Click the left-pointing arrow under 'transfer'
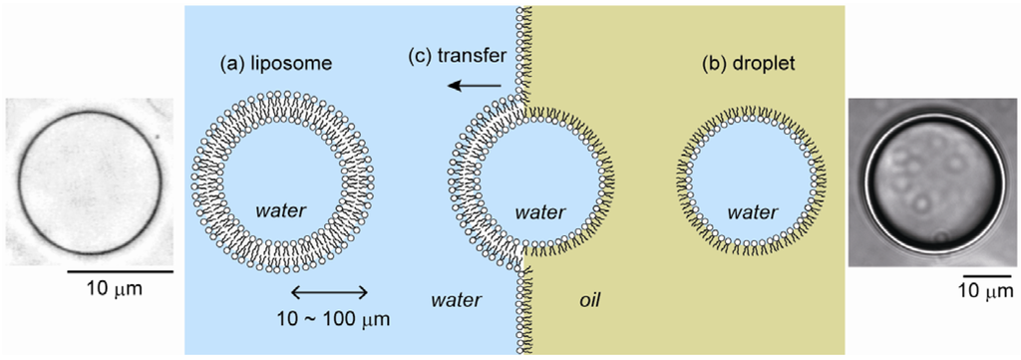475,86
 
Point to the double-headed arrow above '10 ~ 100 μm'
329,292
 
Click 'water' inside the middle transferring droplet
538,212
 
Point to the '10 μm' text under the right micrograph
984,291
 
